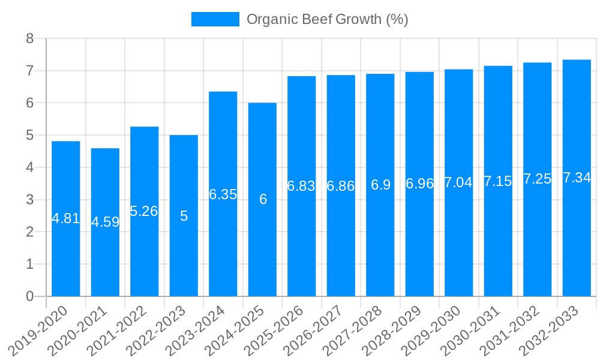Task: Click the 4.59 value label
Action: click(105, 222)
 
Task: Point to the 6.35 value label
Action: click(223, 194)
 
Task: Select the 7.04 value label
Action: click(458, 182)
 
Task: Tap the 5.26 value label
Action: click(144, 211)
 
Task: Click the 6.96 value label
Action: click(419, 184)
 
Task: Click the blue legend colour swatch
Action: click(215, 19)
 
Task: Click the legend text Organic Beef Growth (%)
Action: click(327, 19)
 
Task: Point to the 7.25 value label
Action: click(537, 179)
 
